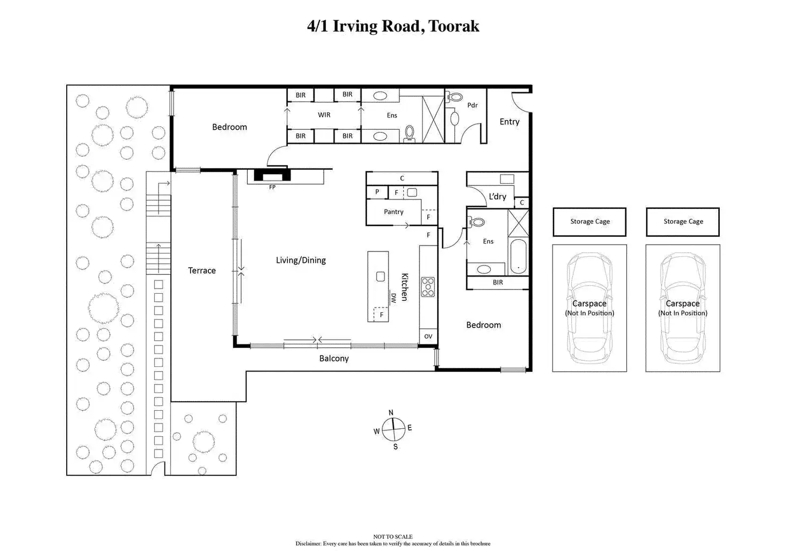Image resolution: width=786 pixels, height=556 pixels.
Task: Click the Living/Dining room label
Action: click(x=301, y=260)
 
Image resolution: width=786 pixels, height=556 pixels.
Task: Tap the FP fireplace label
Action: click(x=272, y=187)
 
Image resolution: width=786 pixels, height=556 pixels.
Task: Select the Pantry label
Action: click(x=394, y=212)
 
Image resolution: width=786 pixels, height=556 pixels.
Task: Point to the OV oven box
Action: click(x=428, y=336)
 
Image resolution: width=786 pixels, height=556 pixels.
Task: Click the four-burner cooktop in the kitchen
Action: click(x=428, y=287)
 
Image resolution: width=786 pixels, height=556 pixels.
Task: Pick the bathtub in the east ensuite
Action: click(x=518, y=256)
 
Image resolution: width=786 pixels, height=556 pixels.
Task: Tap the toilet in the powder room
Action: click(x=454, y=97)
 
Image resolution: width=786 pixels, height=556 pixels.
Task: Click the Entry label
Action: click(x=509, y=121)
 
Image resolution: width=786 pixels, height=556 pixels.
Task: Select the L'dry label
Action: click(x=497, y=196)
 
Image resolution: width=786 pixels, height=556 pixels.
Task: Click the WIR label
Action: click(x=324, y=115)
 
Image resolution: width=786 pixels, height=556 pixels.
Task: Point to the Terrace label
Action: click(x=202, y=270)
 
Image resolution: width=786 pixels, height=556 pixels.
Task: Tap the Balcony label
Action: click(x=334, y=358)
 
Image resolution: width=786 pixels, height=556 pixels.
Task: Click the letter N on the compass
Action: click(x=391, y=413)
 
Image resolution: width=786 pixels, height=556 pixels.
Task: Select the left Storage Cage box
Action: click(x=589, y=222)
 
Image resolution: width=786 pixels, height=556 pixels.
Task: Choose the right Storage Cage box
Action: click(x=683, y=222)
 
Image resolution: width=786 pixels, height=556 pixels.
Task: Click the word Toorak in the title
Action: click(x=453, y=26)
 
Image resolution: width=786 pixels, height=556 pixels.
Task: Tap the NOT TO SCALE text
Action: click(x=392, y=537)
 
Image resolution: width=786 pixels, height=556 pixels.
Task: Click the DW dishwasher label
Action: click(x=394, y=298)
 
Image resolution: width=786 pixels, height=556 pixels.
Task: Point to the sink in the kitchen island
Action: click(x=380, y=277)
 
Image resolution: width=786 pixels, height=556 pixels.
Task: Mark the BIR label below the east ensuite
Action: click(x=498, y=282)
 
